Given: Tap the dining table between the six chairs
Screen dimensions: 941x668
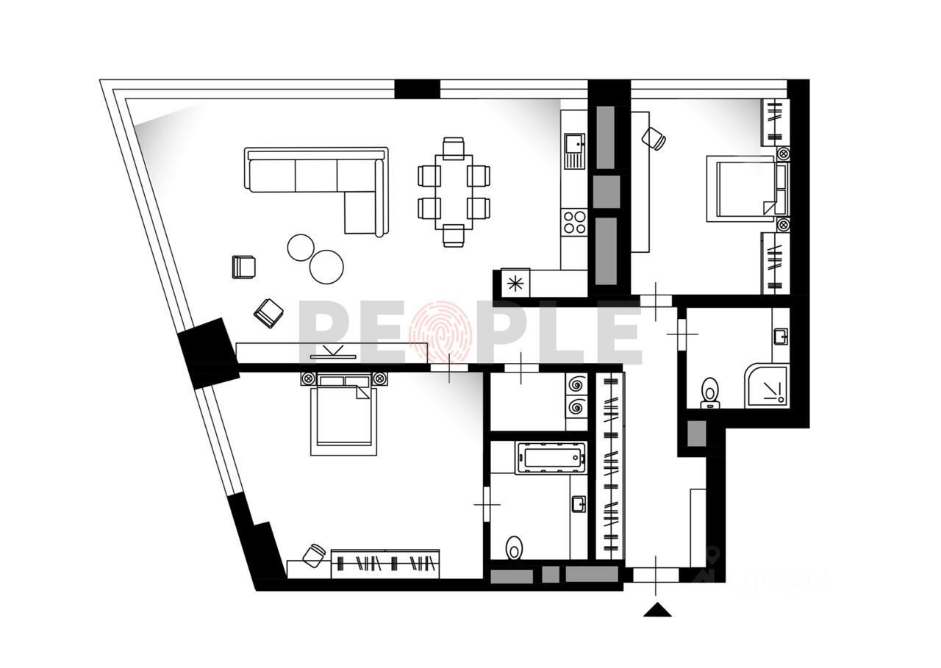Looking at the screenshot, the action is point(454,191).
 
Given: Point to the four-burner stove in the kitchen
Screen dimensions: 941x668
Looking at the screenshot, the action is point(574,221).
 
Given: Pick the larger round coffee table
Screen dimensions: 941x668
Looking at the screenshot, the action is point(326,266).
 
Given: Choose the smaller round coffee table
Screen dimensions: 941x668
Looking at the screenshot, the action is point(301,247).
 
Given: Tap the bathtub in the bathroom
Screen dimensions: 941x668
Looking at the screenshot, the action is point(551,458).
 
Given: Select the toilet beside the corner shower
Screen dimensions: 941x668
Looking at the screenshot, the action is point(710,392).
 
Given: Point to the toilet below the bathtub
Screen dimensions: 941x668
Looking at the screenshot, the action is point(515,547).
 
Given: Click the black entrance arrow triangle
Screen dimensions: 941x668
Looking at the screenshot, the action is point(657,609).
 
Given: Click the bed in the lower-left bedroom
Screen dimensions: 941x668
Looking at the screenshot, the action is point(343,415).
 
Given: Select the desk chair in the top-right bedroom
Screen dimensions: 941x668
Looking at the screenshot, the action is point(653,137).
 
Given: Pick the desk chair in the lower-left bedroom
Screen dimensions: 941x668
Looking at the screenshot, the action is point(314,554).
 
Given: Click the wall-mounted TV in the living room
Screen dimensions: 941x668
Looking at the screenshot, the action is point(333,356).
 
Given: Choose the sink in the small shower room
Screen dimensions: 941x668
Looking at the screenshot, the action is point(780,337).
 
